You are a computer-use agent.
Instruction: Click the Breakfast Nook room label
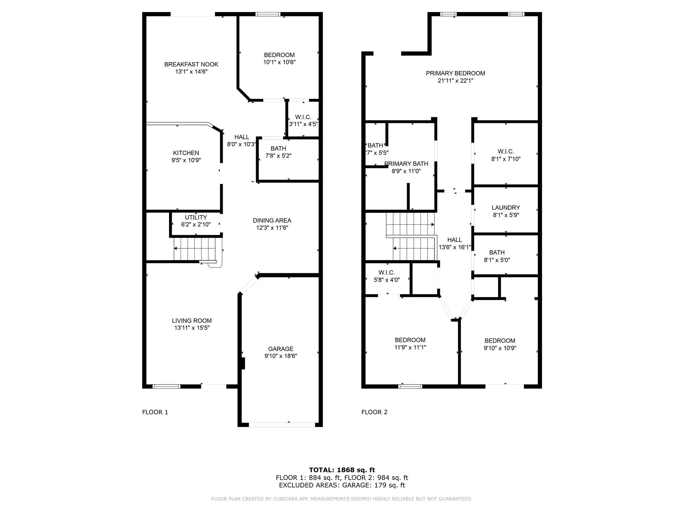coord(191,64)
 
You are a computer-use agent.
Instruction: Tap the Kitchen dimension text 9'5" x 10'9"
coord(186,160)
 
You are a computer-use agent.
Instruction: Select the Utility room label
coord(196,217)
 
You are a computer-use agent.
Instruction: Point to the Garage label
coord(281,349)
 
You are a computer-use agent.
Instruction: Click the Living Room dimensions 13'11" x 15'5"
coord(192,328)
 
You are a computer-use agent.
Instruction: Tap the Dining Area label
coord(272,220)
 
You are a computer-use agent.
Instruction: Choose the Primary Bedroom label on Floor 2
coord(456,73)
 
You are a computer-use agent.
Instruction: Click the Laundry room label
coord(506,208)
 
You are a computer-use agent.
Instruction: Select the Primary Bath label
coord(406,164)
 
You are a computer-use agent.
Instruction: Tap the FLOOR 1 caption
coord(155,412)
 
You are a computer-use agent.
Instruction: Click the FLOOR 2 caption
coord(374,412)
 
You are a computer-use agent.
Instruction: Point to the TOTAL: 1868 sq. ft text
coord(342,470)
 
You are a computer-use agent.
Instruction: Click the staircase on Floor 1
coord(197,249)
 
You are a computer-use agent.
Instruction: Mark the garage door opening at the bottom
coord(282,424)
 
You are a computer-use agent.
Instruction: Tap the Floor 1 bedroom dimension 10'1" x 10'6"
coord(280,62)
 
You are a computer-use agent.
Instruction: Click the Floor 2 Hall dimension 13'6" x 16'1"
coord(455,247)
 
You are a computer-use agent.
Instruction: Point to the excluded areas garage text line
coord(342,485)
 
